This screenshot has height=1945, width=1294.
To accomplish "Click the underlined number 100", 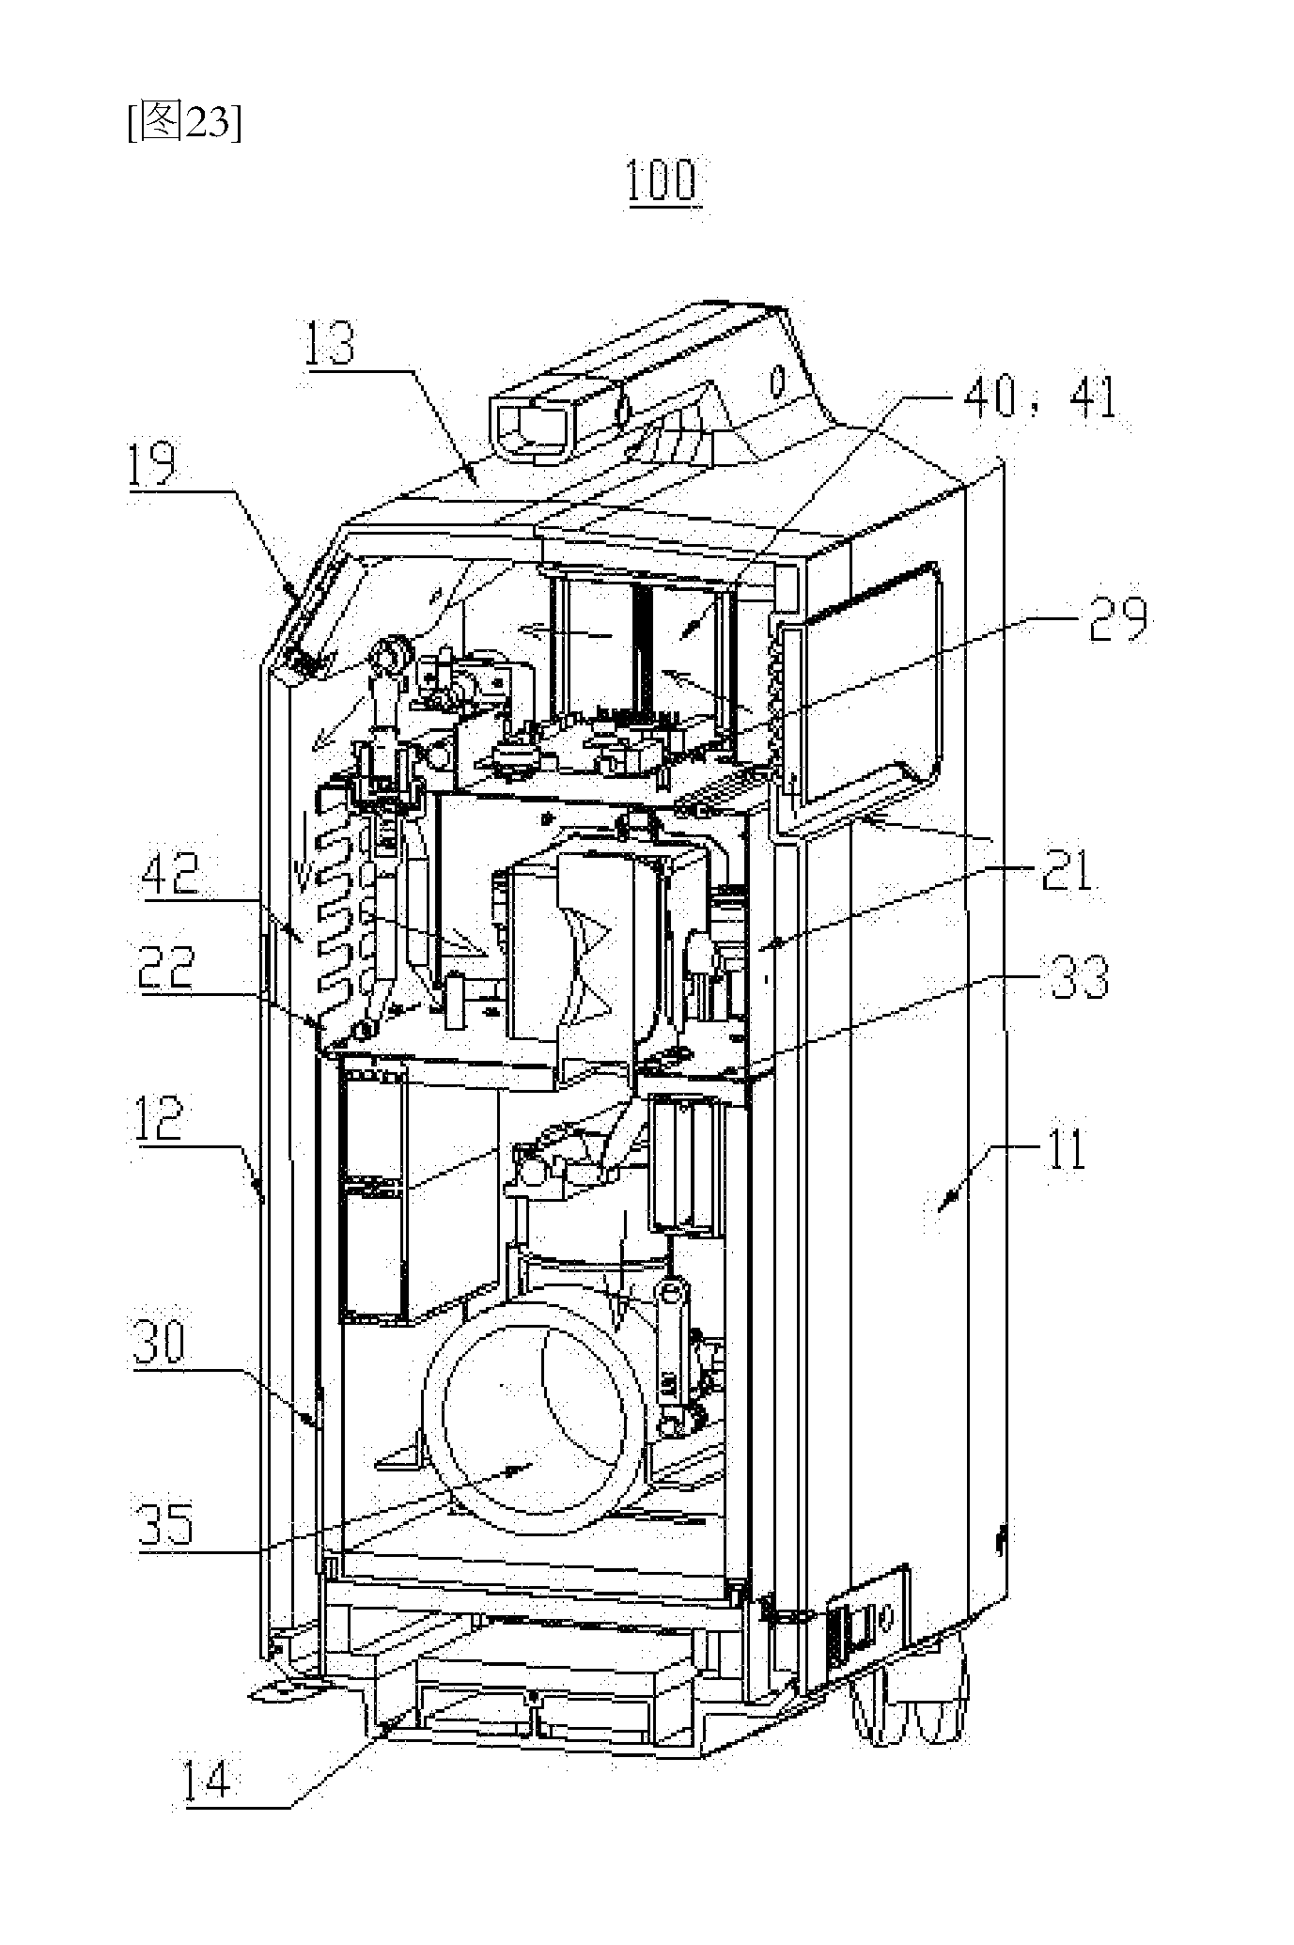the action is [663, 180].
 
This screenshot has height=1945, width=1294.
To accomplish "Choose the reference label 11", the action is [1058, 1147].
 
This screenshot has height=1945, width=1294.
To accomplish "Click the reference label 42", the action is [169, 875].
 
